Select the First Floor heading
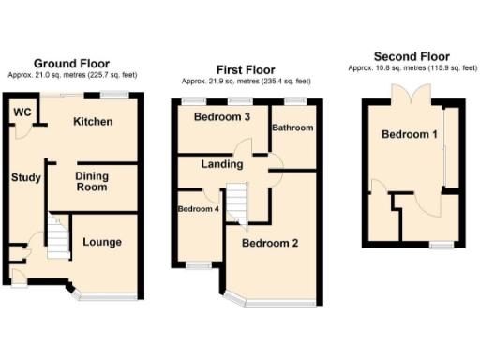click(246, 69)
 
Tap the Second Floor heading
click(411, 56)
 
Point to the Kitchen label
click(93, 122)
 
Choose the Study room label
click(23, 177)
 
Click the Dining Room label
click(91, 182)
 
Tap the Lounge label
click(101, 242)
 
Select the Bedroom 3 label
click(222, 117)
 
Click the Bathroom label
click(292, 127)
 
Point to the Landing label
click(222, 164)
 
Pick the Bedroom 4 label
click(197, 208)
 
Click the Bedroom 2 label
click(270, 244)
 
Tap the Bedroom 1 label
click(409, 135)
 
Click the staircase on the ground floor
click(58, 239)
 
